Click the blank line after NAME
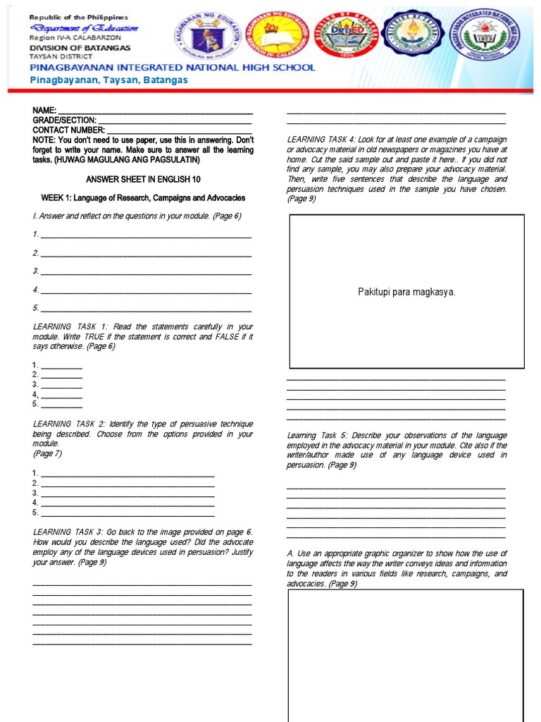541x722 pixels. point(154,111)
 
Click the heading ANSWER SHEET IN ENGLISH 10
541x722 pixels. point(143,180)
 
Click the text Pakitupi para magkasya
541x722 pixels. point(406,292)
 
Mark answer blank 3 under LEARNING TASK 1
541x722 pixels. point(61,385)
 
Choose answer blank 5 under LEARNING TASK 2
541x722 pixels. point(128,513)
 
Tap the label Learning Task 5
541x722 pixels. point(316,436)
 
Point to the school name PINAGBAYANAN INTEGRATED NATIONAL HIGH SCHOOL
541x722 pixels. point(172,68)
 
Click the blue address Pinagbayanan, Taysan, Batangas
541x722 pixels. point(108,80)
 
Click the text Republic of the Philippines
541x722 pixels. point(79,16)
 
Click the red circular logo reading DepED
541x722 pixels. point(340,35)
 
